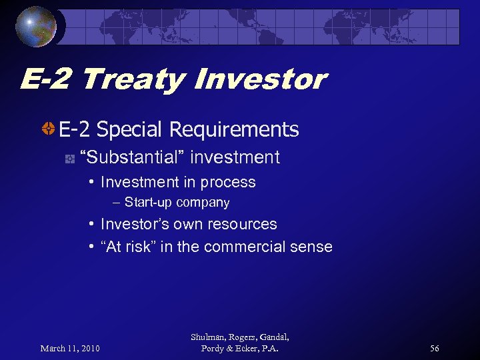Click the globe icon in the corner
click(x=37, y=27)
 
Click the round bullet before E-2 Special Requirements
click(x=49, y=129)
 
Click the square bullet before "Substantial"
click(x=69, y=159)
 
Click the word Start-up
click(x=148, y=203)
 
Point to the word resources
click(x=243, y=225)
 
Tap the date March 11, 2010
click(x=69, y=349)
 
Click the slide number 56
click(x=435, y=349)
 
